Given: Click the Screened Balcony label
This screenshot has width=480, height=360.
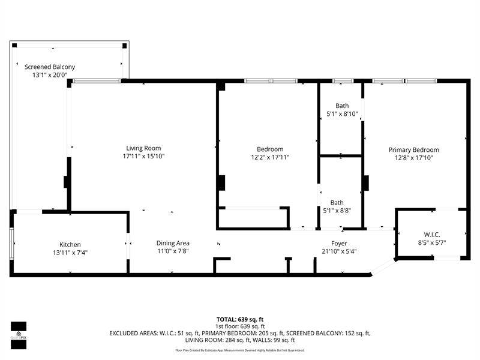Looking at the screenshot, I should click(x=50, y=67).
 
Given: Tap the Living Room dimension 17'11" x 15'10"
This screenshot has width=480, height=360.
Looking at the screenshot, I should click(x=143, y=156).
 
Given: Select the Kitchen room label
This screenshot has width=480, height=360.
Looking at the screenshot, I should click(x=70, y=244).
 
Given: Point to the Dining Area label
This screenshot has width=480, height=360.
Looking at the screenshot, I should click(x=173, y=243).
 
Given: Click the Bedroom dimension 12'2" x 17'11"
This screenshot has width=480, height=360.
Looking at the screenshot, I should click(x=270, y=157).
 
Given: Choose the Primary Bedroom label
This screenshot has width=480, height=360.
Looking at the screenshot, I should click(x=413, y=150).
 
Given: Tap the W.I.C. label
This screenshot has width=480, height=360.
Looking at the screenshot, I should click(x=431, y=235).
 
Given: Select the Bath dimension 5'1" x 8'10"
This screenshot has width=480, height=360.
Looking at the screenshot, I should click(x=341, y=113).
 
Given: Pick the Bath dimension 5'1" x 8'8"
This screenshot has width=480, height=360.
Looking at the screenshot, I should click(x=341, y=211).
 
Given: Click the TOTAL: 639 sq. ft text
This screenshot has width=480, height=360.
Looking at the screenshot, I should click(x=240, y=319).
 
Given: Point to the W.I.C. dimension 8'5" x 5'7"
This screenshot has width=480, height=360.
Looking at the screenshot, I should click(x=431, y=243).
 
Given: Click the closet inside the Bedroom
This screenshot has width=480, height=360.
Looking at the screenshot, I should click(x=253, y=218).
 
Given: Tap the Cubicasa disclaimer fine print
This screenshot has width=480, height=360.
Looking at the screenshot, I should click(x=240, y=350).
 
